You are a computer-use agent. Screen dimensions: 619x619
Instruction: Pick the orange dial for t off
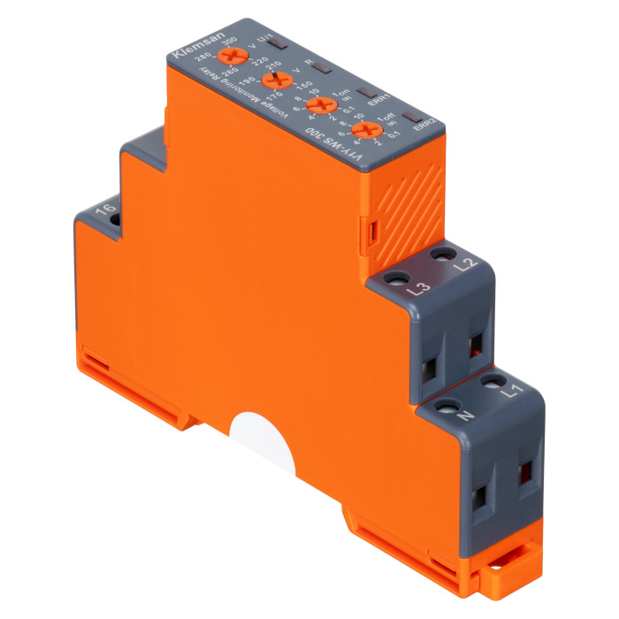point(359,134)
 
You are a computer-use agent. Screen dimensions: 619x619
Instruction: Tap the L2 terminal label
point(469,264)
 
